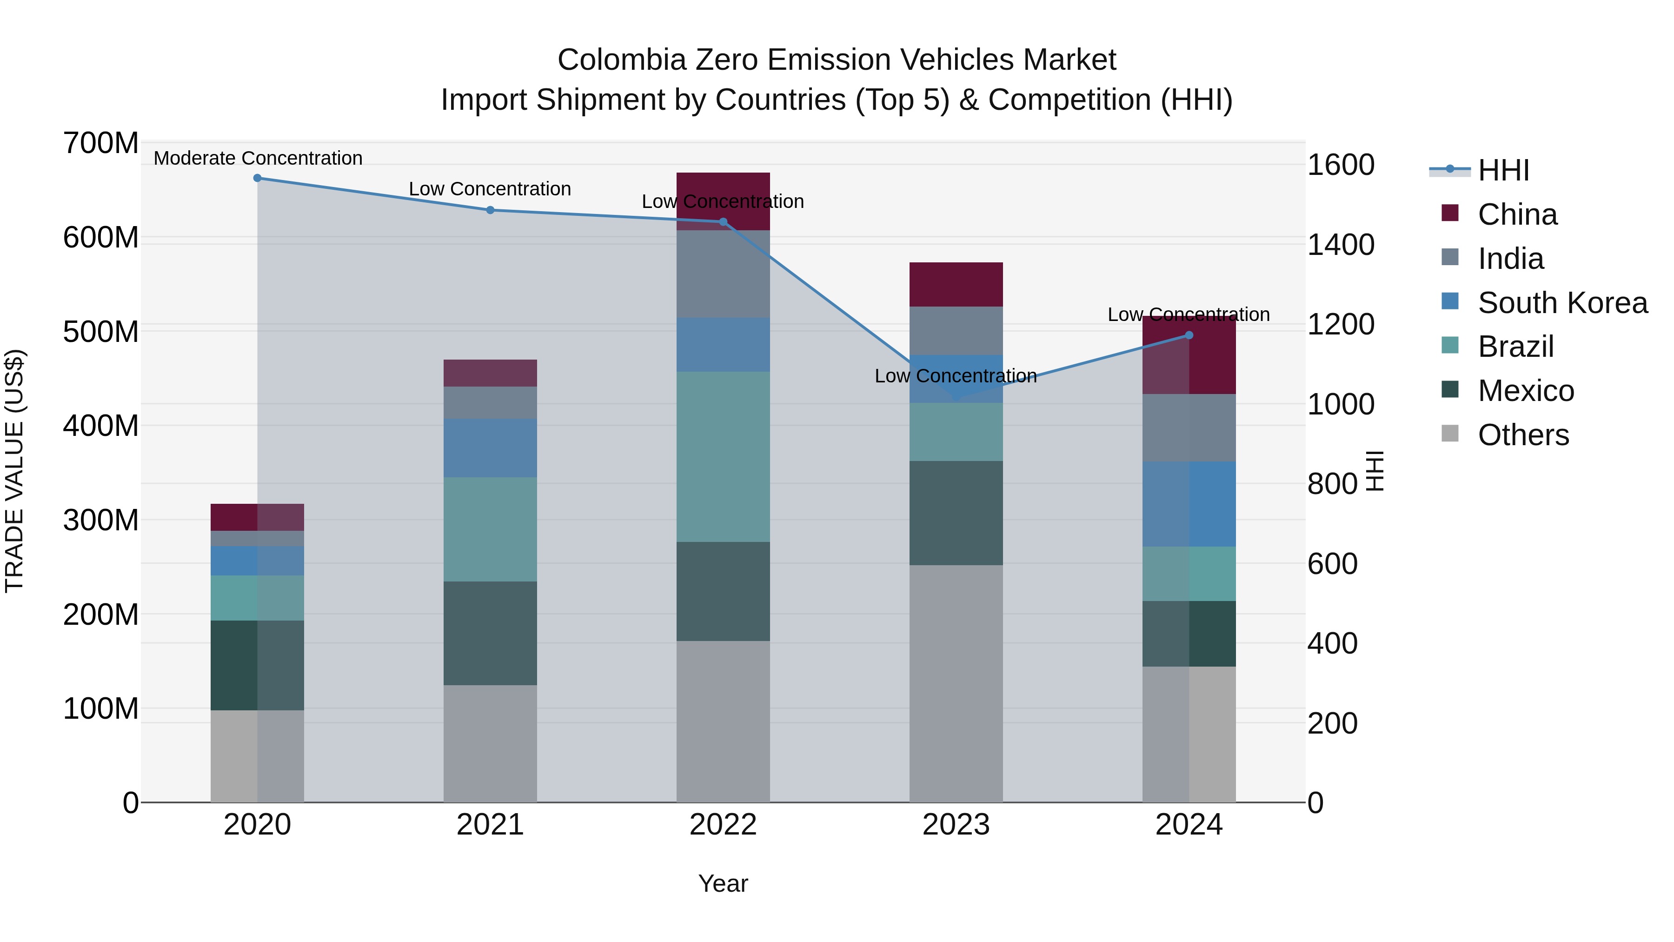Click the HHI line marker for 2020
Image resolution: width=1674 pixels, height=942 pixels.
click(x=257, y=178)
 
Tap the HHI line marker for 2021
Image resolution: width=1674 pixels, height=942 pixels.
click(x=491, y=210)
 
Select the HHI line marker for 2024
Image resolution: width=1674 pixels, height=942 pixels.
click(x=1189, y=335)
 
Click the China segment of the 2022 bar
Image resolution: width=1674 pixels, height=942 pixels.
click(x=723, y=188)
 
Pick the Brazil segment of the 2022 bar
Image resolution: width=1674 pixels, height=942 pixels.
click(x=723, y=456)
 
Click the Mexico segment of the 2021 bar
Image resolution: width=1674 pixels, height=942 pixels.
click(x=491, y=633)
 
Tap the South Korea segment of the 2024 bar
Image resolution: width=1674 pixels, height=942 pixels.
click(x=1189, y=504)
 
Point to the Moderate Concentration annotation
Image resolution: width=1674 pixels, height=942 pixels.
click(x=258, y=158)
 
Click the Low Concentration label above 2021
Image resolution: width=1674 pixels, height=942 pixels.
click(x=490, y=189)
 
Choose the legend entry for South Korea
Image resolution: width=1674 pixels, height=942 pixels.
click(x=1562, y=302)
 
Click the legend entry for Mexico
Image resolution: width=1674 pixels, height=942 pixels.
click(x=1525, y=391)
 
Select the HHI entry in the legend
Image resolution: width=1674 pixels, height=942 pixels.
click(x=1502, y=170)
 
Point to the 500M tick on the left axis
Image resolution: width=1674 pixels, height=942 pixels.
click(x=101, y=332)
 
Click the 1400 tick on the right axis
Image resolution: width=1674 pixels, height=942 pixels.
click(x=1341, y=245)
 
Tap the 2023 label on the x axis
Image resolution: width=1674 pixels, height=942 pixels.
click(x=956, y=825)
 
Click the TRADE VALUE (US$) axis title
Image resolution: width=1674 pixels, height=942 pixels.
click(x=15, y=471)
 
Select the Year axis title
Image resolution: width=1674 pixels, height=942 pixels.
click(x=723, y=883)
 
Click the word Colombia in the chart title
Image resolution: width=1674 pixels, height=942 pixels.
click(x=622, y=60)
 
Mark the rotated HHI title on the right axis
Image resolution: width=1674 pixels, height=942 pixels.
click(x=1375, y=471)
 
